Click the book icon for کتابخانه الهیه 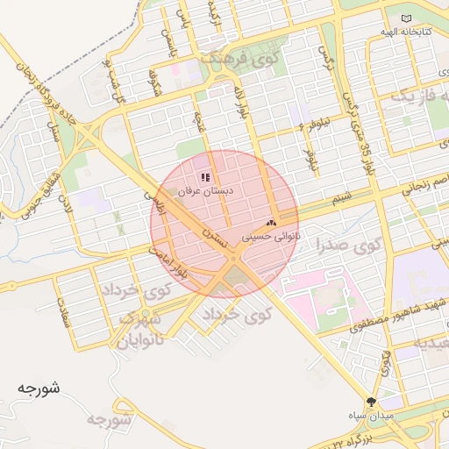pyautogui.click(x=405, y=18)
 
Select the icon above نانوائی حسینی pyautogui.click(x=271, y=224)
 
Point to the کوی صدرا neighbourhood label pyautogui.click(x=349, y=247)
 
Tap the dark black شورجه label pyautogui.click(x=38, y=387)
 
